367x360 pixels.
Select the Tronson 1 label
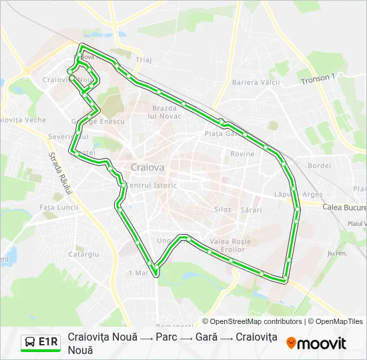pyautogui.click(x=318, y=79)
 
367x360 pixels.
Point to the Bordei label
pyautogui.click(x=320, y=165)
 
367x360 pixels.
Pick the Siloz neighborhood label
pyautogui.click(x=222, y=209)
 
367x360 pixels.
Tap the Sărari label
pyautogui.click(x=251, y=209)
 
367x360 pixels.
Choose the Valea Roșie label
pyautogui.click(x=230, y=241)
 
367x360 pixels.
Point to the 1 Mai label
pyautogui.click(x=137, y=273)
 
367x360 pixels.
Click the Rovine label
pyautogui.click(x=242, y=154)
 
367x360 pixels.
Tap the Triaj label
pyautogui.click(x=143, y=59)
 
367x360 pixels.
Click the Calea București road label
pyautogui.click(x=344, y=207)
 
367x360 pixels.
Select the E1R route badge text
pyautogui.click(x=48, y=342)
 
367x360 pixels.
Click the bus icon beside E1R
pyautogui.click(x=31, y=342)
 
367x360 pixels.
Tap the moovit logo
pyautogui.click(x=316, y=343)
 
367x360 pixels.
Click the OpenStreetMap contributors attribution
pyautogui.click(x=252, y=321)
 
